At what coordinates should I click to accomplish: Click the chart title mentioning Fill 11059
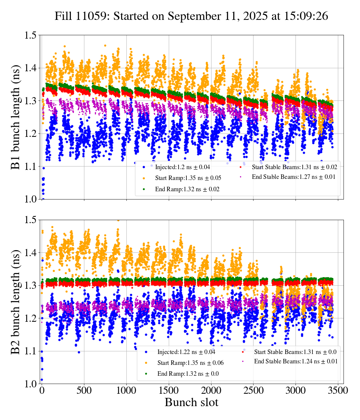[191, 16]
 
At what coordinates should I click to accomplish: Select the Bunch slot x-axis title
[191, 403]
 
